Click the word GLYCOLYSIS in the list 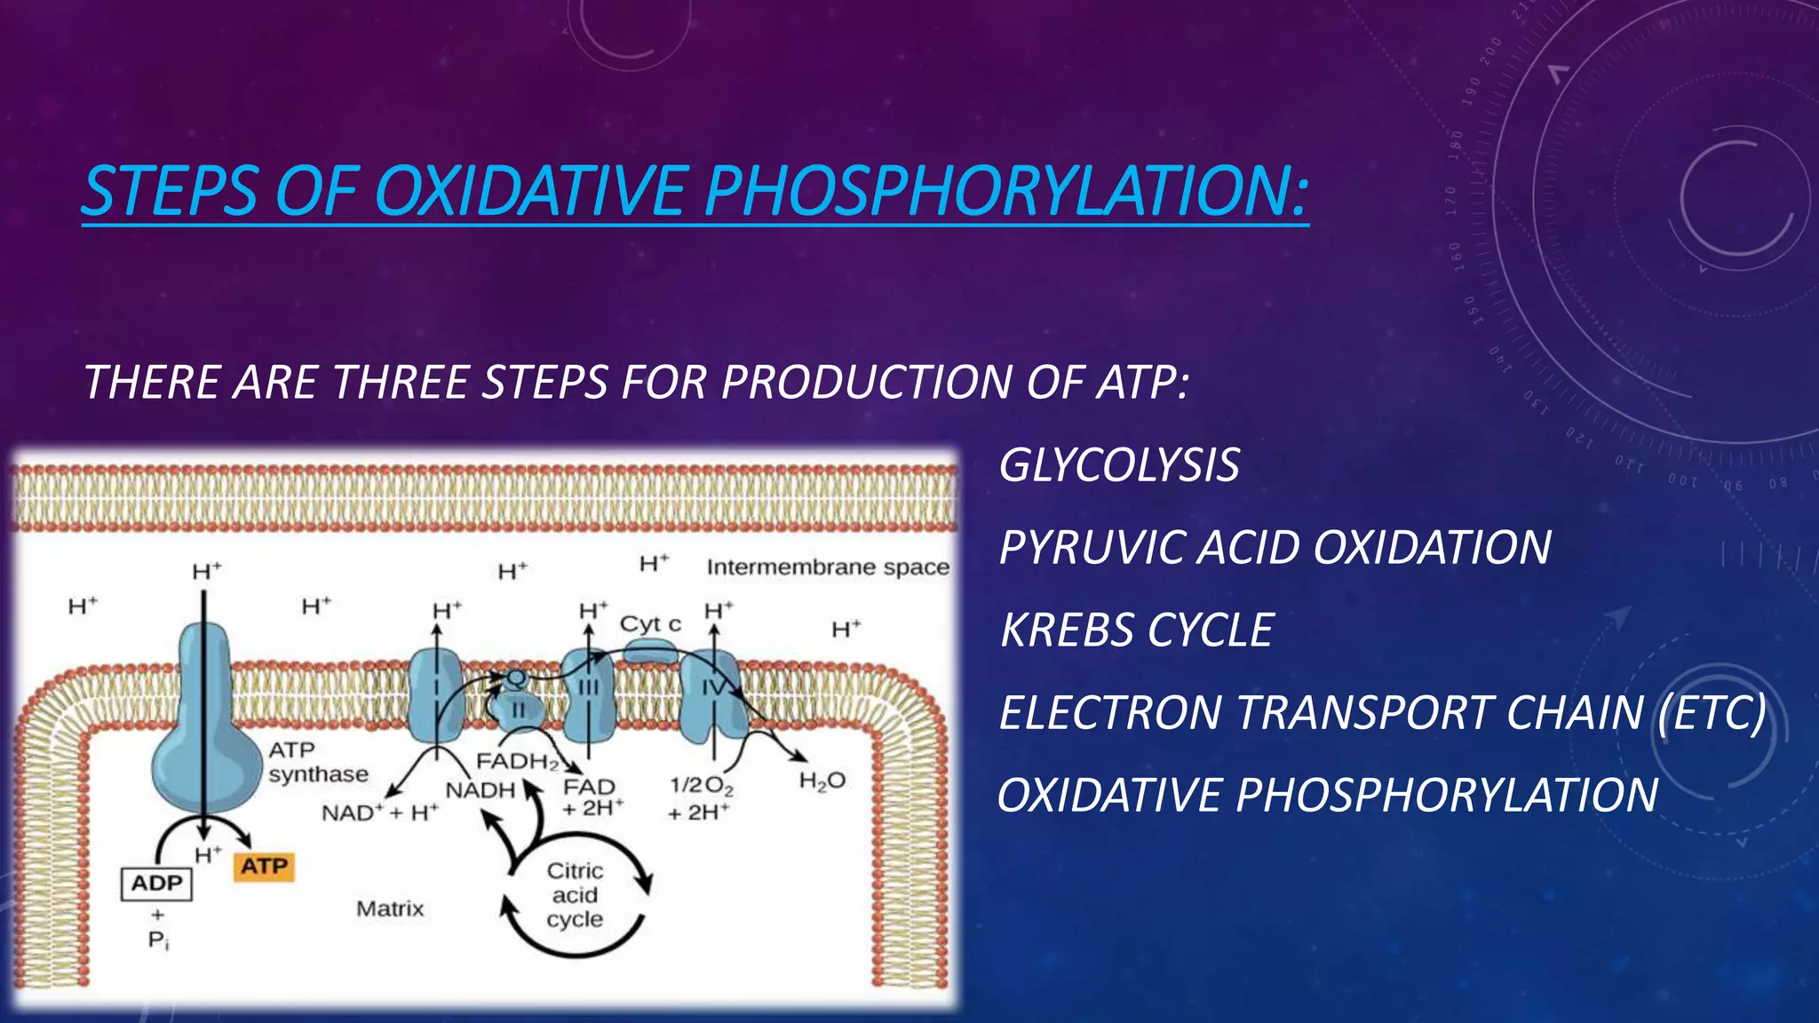[1119, 465]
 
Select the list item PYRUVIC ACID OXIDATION [1275, 547]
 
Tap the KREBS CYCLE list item [1137, 630]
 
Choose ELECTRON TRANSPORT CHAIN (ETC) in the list [1382, 713]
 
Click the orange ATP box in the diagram [264, 866]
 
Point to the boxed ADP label [156, 884]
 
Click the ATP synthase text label [318, 763]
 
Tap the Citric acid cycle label [575, 895]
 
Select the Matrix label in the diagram [390, 908]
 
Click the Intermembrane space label [828, 567]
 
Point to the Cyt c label [650, 624]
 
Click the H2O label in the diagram [822, 781]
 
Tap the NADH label [481, 789]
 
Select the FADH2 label [518, 762]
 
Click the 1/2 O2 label [701, 786]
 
